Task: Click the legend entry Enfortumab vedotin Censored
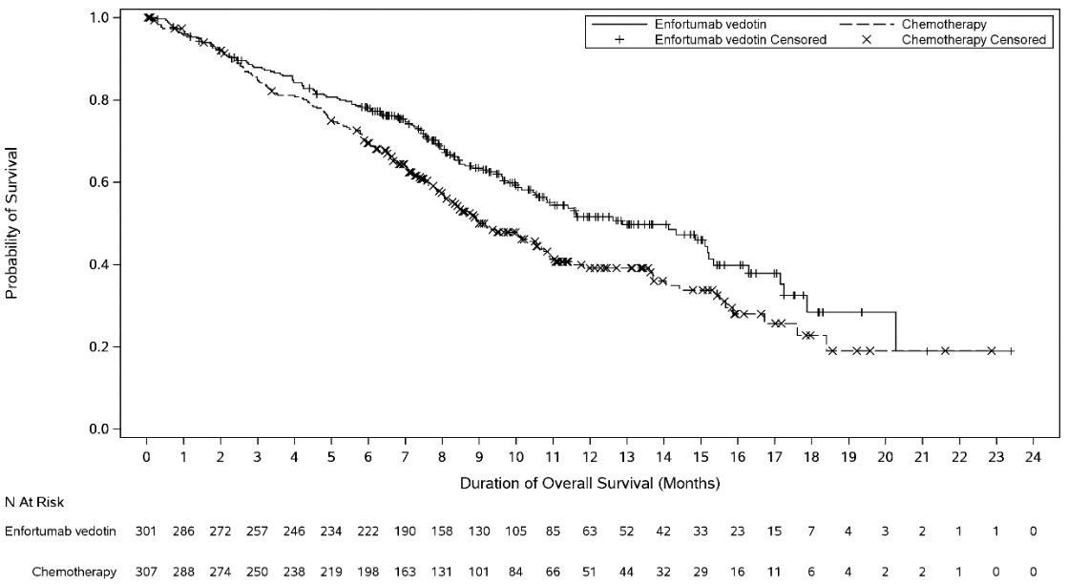pyautogui.click(x=740, y=40)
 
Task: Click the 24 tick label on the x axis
pyautogui.click(x=1032, y=456)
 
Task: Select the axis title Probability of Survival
pyautogui.click(x=12, y=223)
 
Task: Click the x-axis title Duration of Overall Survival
pyautogui.click(x=590, y=482)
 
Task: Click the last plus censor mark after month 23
pyautogui.click(x=1011, y=351)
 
